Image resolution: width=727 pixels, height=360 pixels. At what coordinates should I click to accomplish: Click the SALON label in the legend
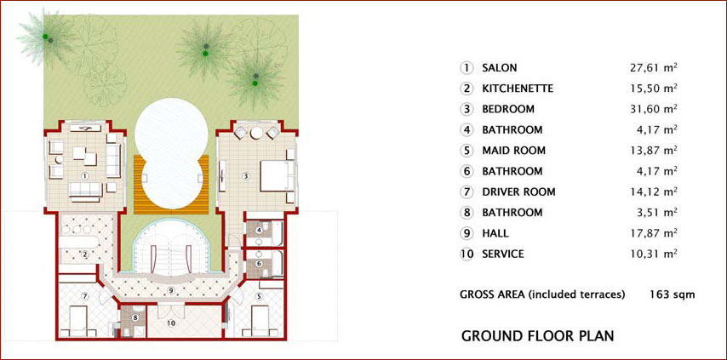[500, 67]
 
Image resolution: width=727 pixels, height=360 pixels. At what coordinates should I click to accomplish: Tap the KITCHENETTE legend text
[518, 89]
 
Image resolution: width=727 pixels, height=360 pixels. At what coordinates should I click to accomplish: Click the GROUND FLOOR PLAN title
[538, 335]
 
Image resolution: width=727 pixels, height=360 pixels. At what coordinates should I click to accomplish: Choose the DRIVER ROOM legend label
[518, 191]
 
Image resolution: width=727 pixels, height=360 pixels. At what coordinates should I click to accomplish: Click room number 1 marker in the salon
[84, 176]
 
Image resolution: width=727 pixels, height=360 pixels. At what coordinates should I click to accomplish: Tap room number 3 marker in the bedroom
[246, 176]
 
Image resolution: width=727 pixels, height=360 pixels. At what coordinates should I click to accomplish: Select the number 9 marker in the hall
[171, 290]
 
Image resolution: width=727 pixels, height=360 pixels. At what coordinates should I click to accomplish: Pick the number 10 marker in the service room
[171, 323]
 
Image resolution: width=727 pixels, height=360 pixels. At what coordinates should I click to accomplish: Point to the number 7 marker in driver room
[84, 295]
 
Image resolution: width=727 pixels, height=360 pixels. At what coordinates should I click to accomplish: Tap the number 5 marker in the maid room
[259, 295]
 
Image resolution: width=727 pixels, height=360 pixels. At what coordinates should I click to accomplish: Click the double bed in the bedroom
[278, 176]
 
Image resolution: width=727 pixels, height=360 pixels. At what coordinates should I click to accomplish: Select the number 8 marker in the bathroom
[135, 317]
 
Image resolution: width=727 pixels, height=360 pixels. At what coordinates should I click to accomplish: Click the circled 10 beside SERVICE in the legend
[467, 254]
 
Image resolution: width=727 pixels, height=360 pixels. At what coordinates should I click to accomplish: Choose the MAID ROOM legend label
[513, 151]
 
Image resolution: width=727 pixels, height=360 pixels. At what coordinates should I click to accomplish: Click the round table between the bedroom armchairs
[256, 134]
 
